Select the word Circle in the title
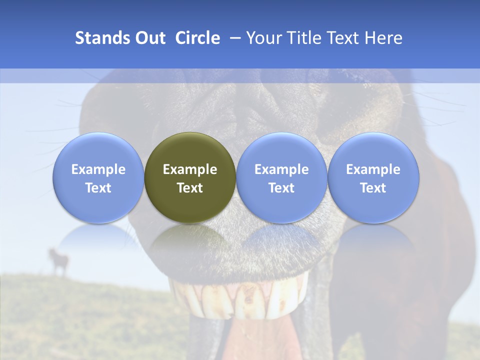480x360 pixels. pos(197,38)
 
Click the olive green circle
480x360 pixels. pos(190,177)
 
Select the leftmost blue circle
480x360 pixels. pos(98,177)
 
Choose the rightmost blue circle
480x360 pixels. pos(373,177)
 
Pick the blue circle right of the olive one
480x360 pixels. pos(281,177)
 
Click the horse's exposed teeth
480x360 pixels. pos(240,300)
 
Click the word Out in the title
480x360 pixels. pos(150,38)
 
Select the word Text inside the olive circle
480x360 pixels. pos(190,188)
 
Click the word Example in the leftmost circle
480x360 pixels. pos(98,169)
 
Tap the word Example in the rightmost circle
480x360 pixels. pos(373,169)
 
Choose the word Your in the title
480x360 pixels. pos(262,38)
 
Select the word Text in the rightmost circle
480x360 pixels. pos(373,188)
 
